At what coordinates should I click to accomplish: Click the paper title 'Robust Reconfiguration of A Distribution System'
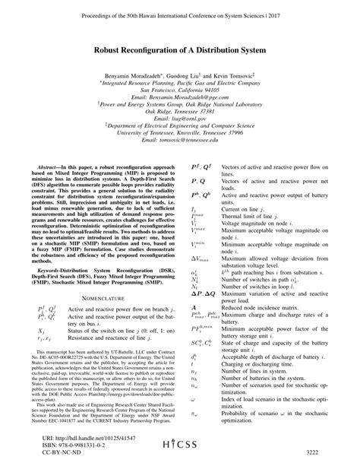(x=180, y=44)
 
